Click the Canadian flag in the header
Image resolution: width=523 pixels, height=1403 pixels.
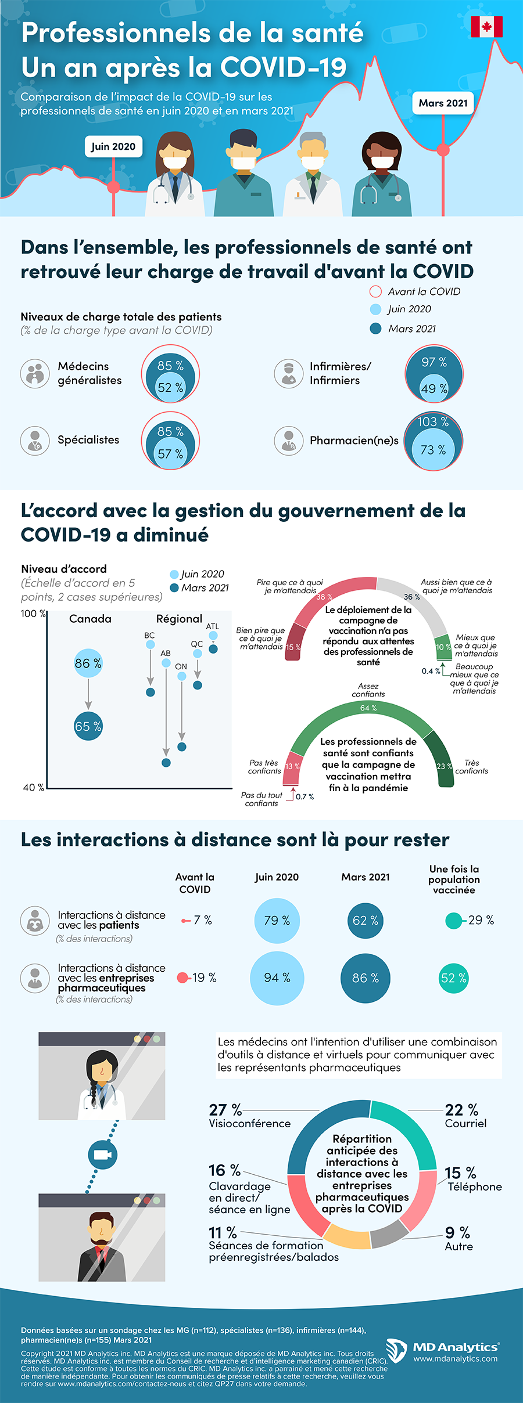click(x=486, y=27)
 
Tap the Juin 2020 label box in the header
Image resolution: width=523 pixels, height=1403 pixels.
click(x=113, y=146)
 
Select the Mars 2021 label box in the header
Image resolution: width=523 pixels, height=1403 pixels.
click(x=443, y=103)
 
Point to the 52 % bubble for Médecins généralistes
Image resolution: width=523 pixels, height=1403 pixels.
click(x=170, y=388)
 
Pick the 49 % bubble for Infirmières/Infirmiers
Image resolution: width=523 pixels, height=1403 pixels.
click(x=434, y=389)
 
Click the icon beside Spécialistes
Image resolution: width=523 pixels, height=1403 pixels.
click(x=35, y=441)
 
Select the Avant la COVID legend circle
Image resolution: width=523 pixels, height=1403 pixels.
click(x=375, y=291)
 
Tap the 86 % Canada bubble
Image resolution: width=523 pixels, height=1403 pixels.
click(x=88, y=663)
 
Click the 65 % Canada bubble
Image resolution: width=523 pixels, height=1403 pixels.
click(x=88, y=726)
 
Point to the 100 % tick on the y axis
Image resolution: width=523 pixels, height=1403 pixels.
click(x=33, y=614)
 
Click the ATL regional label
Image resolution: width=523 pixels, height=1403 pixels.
click(x=213, y=626)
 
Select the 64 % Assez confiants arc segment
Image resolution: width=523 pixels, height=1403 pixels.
click(x=368, y=708)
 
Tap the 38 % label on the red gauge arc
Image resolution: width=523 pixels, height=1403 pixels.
click(x=324, y=597)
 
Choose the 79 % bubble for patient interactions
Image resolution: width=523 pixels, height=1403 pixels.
click(x=277, y=920)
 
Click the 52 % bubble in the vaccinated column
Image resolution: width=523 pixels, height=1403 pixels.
click(x=454, y=978)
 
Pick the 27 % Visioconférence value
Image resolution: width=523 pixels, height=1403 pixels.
click(x=225, y=1110)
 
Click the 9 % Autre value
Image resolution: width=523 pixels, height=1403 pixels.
click(x=457, y=1232)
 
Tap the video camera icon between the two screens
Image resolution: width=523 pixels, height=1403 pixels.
click(x=102, y=1155)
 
